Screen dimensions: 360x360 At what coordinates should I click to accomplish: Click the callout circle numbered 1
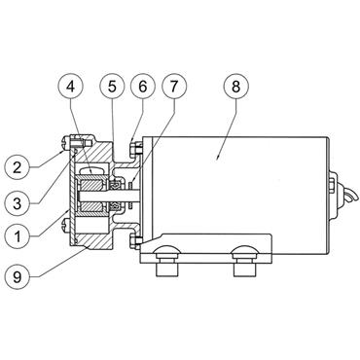click(18, 236)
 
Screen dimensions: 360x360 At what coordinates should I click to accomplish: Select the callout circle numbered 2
click(18, 167)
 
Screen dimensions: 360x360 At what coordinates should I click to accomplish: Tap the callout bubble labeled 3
click(18, 203)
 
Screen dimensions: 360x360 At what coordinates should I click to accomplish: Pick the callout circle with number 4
click(71, 87)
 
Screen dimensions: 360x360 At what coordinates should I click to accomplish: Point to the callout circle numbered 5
click(112, 87)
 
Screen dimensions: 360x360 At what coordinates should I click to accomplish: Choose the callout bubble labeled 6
click(143, 87)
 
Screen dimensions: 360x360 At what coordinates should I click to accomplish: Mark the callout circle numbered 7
click(174, 87)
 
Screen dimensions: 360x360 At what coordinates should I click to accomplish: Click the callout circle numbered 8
click(235, 87)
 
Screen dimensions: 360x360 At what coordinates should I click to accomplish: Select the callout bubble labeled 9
click(18, 276)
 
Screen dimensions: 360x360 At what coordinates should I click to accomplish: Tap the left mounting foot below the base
click(167, 270)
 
